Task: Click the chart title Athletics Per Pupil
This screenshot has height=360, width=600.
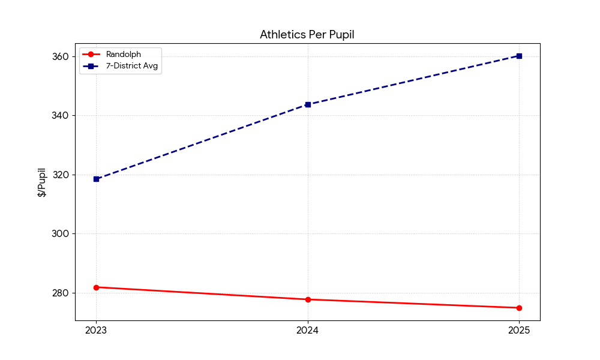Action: point(307,35)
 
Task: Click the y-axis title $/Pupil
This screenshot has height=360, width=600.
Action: point(42,182)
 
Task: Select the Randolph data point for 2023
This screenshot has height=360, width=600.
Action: point(96,287)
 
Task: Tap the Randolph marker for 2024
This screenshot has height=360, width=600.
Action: point(308,299)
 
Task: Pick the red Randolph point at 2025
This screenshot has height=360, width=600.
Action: point(519,308)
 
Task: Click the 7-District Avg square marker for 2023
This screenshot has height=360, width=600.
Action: point(96,179)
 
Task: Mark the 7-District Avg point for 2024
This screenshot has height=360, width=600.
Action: point(308,104)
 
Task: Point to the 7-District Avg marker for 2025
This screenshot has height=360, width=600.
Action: point(519,56)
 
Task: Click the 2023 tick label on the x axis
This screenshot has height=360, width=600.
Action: point(96,330)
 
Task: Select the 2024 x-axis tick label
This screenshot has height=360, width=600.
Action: point(308,330)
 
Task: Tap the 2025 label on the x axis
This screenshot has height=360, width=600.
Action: point(519,330)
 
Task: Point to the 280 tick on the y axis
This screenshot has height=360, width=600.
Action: point(62,293)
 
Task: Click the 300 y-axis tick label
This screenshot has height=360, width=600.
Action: point(62,234)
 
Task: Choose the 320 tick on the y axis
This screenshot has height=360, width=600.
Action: point(62,175)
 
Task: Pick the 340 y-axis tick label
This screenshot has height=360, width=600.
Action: point(62,115)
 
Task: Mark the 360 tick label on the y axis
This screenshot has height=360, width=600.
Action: point(62,56)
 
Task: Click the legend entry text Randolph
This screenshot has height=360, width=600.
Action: point(123,55)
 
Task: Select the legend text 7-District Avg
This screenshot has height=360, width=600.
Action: point(131,66)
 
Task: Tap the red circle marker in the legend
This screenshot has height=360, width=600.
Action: point(91,55)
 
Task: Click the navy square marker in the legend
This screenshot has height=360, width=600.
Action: point(91,66)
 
